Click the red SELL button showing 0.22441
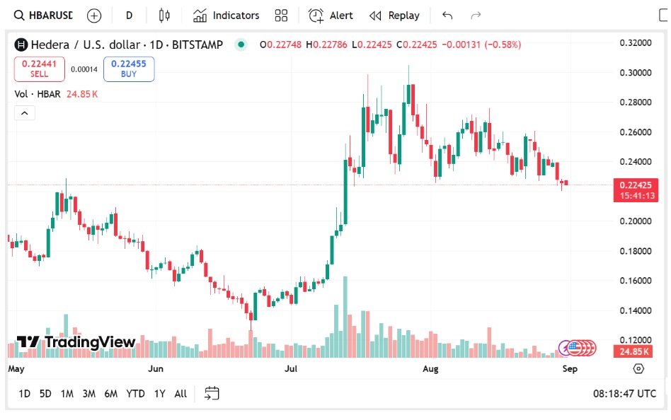coord(40,69)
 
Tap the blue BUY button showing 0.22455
coord(129,69)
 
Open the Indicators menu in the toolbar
coord(226,16)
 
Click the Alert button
coord(331,16)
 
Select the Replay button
coord(394,16)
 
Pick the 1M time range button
coord(67,394)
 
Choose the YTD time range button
coord(135,394)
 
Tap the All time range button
coord(180,394)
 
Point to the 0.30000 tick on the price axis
coord(635,73)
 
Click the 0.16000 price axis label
coord(635,281)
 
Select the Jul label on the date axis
coord(292,369)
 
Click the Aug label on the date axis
coord(430,369)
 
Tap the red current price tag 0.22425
coord(635,185)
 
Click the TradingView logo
coord(76,342)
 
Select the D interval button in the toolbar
coord(129,16)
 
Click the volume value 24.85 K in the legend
coord(82,94)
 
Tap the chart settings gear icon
coord(638,369)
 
